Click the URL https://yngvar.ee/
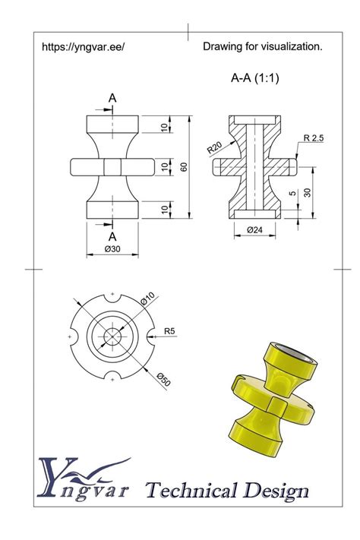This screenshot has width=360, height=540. point(83,47)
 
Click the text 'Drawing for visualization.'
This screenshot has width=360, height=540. point(262,47)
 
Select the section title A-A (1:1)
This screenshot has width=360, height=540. point(255,77)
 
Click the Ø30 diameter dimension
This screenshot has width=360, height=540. point(113,249)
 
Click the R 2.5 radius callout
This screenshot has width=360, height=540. point(314,138)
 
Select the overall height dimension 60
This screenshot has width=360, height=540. point(183,166)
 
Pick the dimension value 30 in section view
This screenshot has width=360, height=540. point(308,192)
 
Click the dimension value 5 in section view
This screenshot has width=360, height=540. point(293,194)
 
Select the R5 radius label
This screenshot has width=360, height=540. point(170,330)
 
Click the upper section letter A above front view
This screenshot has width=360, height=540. point(112,98)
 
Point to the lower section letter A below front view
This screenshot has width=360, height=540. point(112,235)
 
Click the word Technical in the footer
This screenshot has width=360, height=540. point(193,491)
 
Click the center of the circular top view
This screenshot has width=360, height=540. point(112,336)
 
